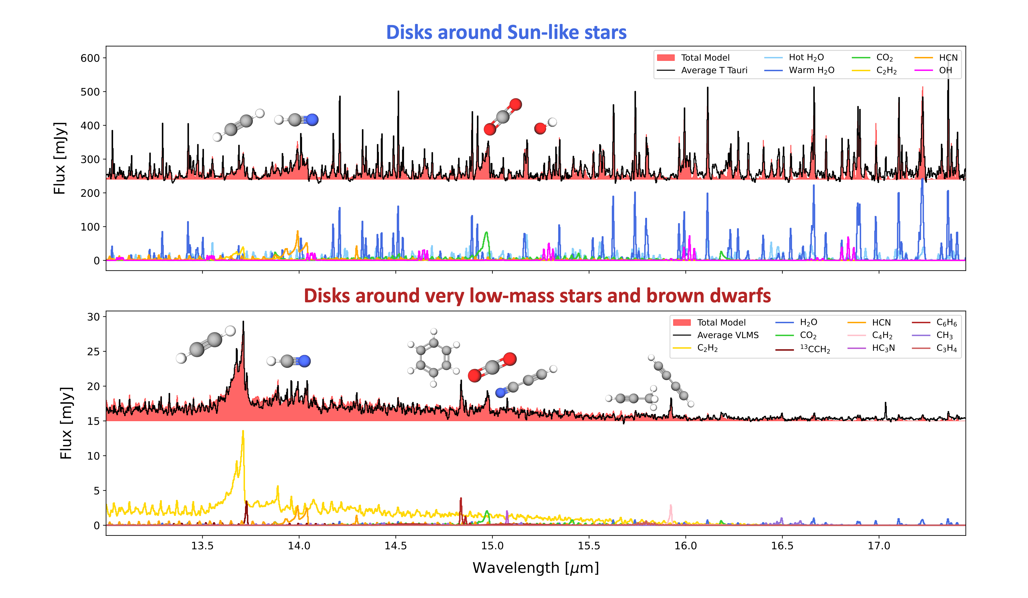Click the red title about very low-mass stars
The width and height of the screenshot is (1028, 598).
[537, 296]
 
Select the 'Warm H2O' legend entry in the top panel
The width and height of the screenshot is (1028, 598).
[811, 70]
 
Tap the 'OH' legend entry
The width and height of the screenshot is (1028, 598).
[945, 70]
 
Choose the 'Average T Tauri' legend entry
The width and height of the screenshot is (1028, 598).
[714, 70]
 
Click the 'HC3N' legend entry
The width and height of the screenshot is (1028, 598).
[883, 348]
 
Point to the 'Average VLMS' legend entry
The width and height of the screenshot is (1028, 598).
[727, 335]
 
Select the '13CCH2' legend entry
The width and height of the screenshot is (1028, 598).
[815, 349]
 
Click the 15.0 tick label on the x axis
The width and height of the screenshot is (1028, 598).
[492, 546]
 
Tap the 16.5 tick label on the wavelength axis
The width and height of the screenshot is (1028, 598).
[782, 546]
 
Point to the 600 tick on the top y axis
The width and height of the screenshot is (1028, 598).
[90, 58]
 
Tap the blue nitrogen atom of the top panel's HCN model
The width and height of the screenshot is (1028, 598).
[312, 120]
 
